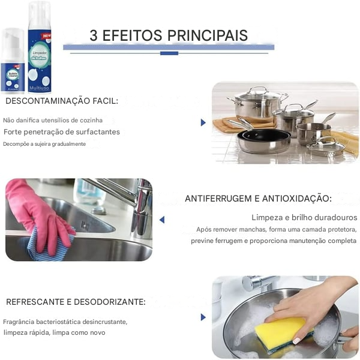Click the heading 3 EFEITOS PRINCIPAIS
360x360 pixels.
coord(169,35)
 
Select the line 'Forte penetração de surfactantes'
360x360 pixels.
coord(62,131)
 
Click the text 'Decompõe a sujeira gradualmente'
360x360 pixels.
coord(44,144)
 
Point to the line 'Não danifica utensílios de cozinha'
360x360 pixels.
coord(53,120)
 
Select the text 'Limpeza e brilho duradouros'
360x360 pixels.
coord(304,217)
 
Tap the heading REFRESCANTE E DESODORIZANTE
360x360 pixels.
coord(76,301)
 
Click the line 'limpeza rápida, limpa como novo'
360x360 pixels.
coord(54,332)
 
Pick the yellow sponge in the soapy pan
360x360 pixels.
coord(281,332)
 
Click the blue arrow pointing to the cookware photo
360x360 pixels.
coord(203,122)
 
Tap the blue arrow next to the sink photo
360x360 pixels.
coord(162,220)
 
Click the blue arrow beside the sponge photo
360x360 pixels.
coord(203,317)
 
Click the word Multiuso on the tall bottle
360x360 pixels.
coord(40,86)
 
